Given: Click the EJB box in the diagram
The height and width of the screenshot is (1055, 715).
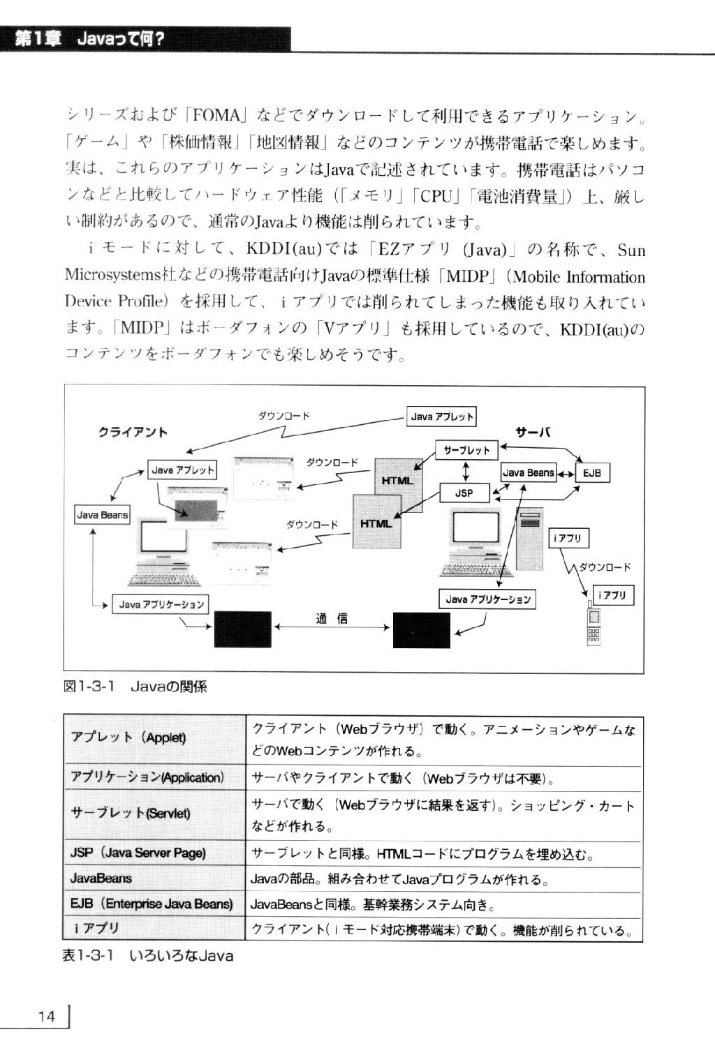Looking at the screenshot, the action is click(x=592, y=473).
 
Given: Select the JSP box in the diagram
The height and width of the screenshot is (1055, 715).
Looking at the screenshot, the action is click(x=464, y=493).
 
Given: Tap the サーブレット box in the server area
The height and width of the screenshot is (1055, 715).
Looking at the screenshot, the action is click(x=466, y=450).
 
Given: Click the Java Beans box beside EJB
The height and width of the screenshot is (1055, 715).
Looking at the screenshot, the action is click(x=529, y=472).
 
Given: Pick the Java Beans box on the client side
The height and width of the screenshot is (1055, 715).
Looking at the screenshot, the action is click(x=102, y=515).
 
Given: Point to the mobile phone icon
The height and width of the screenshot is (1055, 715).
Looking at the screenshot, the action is click(x=594, y=623).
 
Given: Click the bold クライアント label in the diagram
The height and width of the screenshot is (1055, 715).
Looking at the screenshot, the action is click(x=133, y=433).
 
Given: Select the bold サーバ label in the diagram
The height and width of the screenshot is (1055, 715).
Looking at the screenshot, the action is click(x=533, y=433).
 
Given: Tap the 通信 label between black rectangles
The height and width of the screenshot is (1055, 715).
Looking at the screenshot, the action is click(x=332, y=618).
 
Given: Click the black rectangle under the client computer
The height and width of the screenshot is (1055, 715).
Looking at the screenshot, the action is click(x=243, y=629).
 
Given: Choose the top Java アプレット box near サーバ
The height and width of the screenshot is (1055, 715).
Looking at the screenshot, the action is click(x=441, y=417).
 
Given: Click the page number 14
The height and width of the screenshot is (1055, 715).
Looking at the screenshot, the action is click(x=47, y=1017).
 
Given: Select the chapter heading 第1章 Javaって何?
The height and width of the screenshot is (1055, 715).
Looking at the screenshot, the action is click(x=89, y=39).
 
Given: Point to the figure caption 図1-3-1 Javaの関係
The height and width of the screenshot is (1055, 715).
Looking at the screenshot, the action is click(x=135, y=686).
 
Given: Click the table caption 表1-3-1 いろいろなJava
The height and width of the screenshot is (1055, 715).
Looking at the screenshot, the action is click(x=148, y=956).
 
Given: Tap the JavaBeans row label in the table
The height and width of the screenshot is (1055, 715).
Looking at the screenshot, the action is click(x=101, y=878).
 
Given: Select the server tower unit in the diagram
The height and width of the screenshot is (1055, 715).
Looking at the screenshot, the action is click(x=530, y=539).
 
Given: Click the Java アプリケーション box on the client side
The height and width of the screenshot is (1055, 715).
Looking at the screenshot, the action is click(x=161, y=604).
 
